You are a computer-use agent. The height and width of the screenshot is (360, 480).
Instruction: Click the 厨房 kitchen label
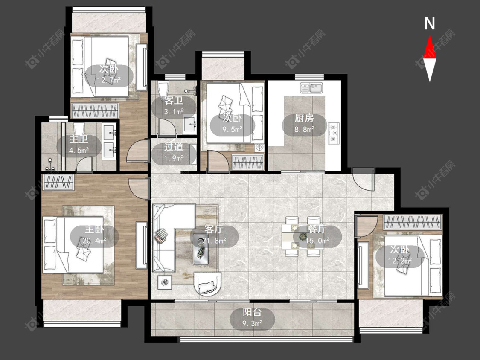click(304, 119)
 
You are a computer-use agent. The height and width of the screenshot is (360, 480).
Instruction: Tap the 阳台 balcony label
click(252, 312)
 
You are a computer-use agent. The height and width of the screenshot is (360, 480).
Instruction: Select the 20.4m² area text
click(94, 241)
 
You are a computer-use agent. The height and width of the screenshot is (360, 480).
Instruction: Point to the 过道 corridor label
click(174, 147)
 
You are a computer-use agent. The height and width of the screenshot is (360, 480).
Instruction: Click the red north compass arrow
click(430, 47)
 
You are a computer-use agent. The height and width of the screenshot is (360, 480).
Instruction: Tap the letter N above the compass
click(430, 23)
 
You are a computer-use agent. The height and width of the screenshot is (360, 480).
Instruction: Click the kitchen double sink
click(311, 88)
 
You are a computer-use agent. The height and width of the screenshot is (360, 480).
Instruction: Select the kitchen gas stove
click(334, 133)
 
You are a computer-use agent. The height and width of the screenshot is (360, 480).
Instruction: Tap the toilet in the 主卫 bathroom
click(79, 130)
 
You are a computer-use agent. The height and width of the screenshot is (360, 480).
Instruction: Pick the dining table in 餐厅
click(303, 236)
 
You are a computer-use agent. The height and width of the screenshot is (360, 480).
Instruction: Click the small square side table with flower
click(165, 282)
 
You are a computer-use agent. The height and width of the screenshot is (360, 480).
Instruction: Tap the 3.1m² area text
click(174, 112)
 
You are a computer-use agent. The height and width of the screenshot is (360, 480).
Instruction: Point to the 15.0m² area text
click(318, 241)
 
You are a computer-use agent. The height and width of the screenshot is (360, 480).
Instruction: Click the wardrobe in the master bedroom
click(58, 182)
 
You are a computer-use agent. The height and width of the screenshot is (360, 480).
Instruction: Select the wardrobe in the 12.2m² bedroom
click(412, 222)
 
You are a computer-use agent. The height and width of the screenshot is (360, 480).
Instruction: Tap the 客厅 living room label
click(214, 229)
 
